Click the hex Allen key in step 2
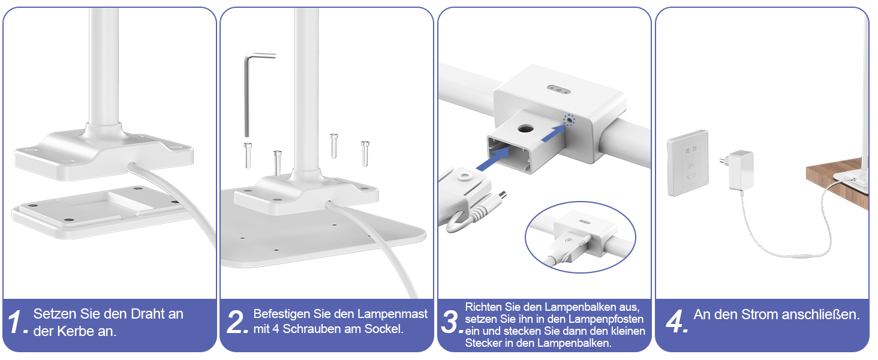247,94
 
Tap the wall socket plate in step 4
687,163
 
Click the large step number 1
16,322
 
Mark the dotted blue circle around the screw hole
569,120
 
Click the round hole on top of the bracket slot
525,128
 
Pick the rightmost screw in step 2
365,154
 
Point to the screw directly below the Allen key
248,155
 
